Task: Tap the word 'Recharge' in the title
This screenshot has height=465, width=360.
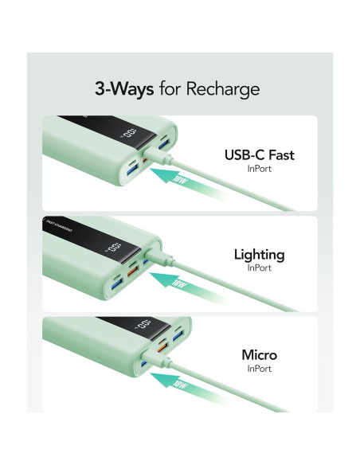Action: [x=224, y=89]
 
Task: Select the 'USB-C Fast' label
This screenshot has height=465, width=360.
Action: [x=259, y=155]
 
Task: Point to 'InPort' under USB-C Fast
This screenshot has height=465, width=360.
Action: [x=259, y=170]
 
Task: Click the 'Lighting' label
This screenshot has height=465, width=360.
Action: [x=259, y=255]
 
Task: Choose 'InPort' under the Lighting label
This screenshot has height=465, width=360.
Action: [x=259, y=269]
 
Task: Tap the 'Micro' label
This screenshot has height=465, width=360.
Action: [x=259, y=355]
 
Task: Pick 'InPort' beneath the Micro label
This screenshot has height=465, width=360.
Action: [x=259, y=369]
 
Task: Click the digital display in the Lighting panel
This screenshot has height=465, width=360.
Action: [x=115, y=248]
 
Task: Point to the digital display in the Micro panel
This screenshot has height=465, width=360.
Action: [x=143, y=326]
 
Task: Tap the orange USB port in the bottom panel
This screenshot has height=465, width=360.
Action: [x=161, y=347]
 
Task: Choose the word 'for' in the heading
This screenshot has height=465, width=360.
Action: [x=170, y=89]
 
